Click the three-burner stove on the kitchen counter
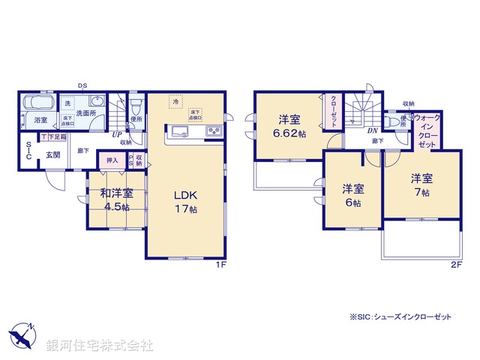coord(212,133)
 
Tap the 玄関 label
coord(52,155)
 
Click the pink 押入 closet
coord(112,160)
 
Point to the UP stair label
coord(118,135)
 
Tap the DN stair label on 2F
coord(371,130)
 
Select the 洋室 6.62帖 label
coord(291,126)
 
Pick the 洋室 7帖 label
coord(420,185)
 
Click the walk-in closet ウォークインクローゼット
coord(425,130)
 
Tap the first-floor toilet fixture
coord(134,104)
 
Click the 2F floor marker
coord(455,265)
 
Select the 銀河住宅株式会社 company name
coord(99,346)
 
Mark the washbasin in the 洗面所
coord(97,103)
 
